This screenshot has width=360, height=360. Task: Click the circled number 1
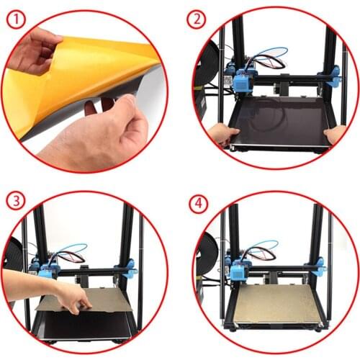[x=16, y=20]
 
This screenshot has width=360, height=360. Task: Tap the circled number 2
[x=196, y=19]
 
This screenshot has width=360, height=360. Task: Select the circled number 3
[x=16, y=201]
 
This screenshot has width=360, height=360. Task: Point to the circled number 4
[x=199, y=204]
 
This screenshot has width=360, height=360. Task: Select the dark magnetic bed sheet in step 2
[x=279, y=120]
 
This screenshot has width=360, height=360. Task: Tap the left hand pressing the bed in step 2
[x=223, y=135]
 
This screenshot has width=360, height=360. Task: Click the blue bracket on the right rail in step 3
[x=129, y=269]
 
